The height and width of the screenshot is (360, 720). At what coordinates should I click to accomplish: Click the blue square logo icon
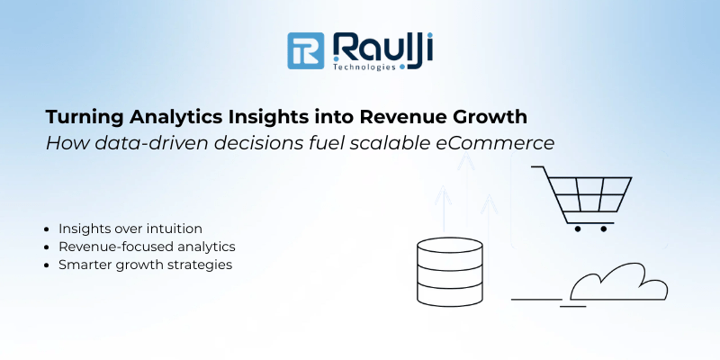pos(305,51)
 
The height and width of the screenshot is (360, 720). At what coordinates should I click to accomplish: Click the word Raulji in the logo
pos(382,48)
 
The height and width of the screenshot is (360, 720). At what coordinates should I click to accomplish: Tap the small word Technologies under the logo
pos(364,67)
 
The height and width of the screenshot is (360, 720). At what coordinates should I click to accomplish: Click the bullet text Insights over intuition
pos(130,229)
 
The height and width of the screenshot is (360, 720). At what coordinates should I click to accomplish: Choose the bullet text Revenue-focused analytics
pos(147,247)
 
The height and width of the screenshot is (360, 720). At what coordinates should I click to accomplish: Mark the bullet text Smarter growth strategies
pos(145,265)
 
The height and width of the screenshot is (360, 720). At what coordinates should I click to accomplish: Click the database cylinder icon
pos(450,272)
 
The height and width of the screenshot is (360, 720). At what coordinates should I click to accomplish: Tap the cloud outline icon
pos(619,282)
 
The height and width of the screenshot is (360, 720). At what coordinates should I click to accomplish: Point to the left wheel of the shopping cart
pos(577,229)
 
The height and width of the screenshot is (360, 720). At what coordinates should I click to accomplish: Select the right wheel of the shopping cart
pos(603,229)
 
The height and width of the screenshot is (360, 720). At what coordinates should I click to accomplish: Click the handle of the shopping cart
pos(538,167)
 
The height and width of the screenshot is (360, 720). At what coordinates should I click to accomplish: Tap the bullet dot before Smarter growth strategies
pos(47,265)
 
